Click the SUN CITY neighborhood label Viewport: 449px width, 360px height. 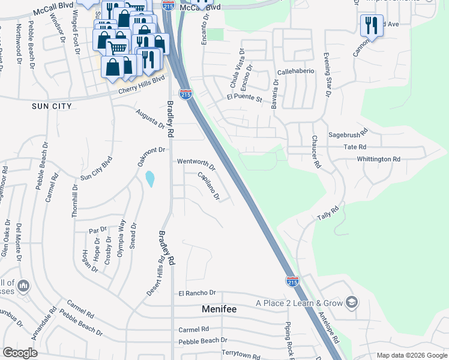[x=52, y=106]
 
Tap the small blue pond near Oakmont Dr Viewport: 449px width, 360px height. [x=149, y=178]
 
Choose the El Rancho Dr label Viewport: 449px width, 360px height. [x=196, y=293]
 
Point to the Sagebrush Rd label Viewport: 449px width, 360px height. [x=347, y=136]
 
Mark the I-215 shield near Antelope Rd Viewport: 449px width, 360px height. [x=292, y=281]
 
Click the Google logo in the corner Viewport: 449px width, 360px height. [x=20, y=352]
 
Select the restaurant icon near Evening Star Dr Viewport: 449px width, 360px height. [x=370, y=25]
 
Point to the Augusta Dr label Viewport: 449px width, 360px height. [x=149, y=119]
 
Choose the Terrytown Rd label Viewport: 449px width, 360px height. [x=241, y=355]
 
